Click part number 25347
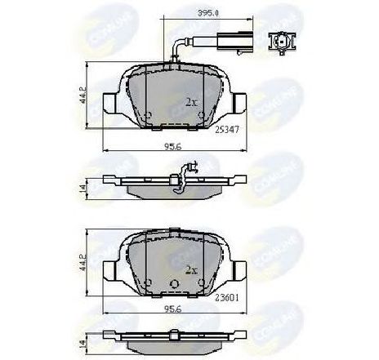coord(227,129)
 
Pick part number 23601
coord(227,297)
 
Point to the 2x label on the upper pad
coord(193,102)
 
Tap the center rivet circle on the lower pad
coord(174,283)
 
